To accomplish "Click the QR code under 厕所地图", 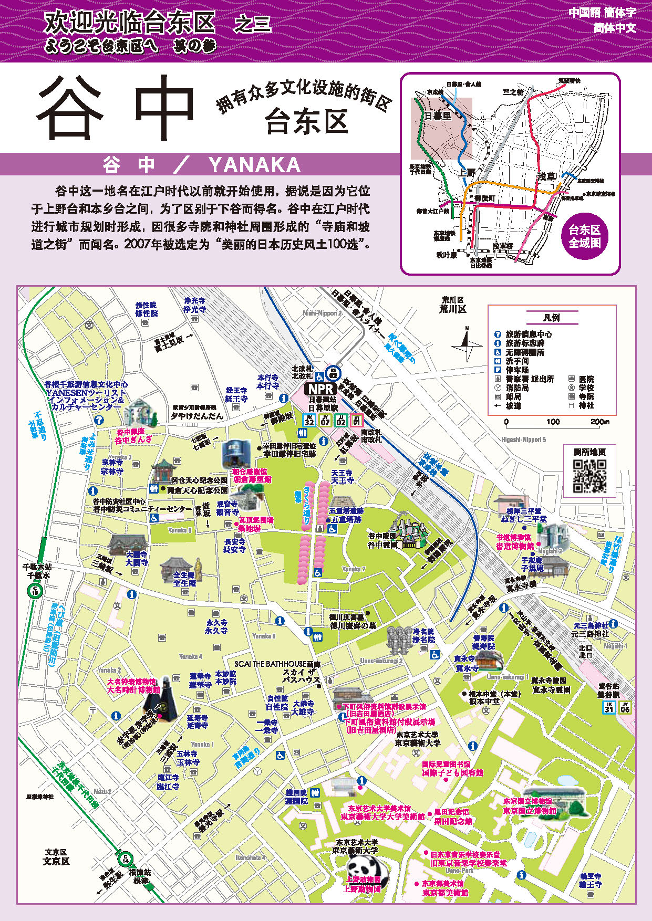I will point(589,476).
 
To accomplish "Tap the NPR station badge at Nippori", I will point(321,389).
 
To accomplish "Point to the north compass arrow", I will point(467,344).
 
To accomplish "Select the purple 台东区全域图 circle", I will point(584,236).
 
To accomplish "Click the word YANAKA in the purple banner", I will point(254,165).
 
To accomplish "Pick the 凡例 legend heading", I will point(551,318).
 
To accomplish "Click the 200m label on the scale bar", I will point(599,422).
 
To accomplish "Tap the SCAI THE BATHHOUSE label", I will point(277,664).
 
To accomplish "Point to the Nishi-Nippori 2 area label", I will point(322,313).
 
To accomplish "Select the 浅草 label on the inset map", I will point(546,176).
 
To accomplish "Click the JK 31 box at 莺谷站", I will point(608,707).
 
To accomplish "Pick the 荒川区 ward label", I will point(452,305).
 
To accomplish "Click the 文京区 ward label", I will point(56,857).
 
